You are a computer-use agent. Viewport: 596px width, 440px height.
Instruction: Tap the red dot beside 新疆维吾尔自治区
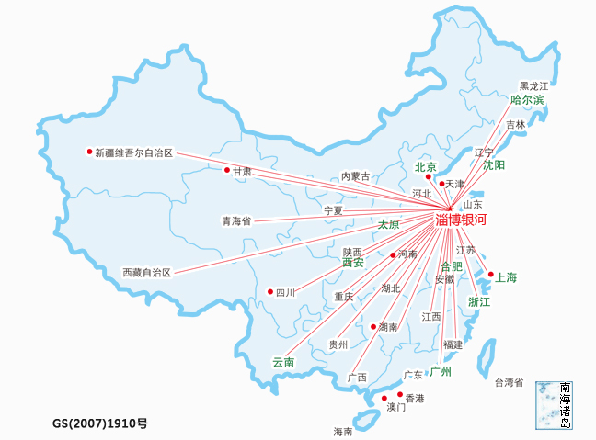point(89,152)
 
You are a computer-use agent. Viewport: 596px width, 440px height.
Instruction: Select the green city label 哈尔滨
point(527,99)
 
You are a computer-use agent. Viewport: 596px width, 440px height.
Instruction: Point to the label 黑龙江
point(533,85)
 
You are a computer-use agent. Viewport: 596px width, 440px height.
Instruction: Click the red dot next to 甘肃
point(226,170)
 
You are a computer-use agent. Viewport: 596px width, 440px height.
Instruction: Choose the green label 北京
point(425,167)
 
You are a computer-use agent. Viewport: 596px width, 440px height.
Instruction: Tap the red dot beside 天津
point(441,184)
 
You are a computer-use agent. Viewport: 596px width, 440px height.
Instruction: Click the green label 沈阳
point(493,166)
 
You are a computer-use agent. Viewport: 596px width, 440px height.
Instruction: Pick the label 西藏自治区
point(147,273)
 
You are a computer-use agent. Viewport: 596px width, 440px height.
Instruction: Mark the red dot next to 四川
point(270,291)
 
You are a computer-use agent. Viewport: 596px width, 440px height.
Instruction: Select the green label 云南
point(283,363)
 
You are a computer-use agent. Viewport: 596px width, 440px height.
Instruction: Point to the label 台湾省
point(509,382)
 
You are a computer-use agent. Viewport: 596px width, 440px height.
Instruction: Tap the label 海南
point(342,431)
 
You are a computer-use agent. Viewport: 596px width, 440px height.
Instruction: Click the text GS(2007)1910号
point(100,423)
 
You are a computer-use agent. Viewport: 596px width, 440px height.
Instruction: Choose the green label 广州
point(441,372)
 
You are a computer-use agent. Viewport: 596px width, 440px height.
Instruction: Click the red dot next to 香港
point(399,394)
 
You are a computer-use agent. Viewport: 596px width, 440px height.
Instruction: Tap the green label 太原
point(389,224)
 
